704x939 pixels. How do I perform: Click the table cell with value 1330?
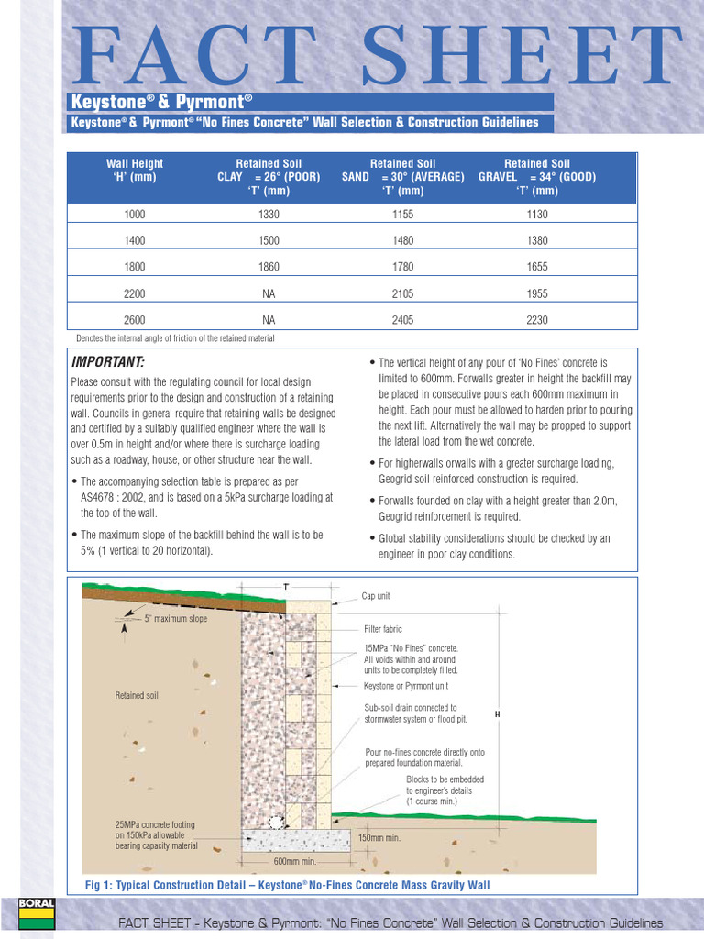tap(269, 214)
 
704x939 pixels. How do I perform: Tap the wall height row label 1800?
tap(135, 267)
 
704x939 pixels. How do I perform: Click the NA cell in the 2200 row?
tap(269, 293)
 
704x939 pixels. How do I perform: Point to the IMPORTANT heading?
tap(108, 361)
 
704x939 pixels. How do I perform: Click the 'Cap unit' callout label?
tap(376, 596)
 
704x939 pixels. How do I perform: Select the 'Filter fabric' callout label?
tap(383, 629)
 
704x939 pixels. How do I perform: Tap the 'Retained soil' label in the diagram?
tap(137, 695)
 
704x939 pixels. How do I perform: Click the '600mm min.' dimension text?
tap(295, 861)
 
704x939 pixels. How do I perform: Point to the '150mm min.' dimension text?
tap(379, 837)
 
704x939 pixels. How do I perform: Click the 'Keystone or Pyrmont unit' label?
tap(406, 686)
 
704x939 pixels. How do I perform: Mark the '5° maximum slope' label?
tap(176, 619)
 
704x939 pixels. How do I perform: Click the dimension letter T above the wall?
tap(285, 585)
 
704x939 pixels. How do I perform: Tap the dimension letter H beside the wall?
tap(496, 714)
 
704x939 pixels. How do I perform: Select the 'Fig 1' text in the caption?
tap(97, 885)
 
